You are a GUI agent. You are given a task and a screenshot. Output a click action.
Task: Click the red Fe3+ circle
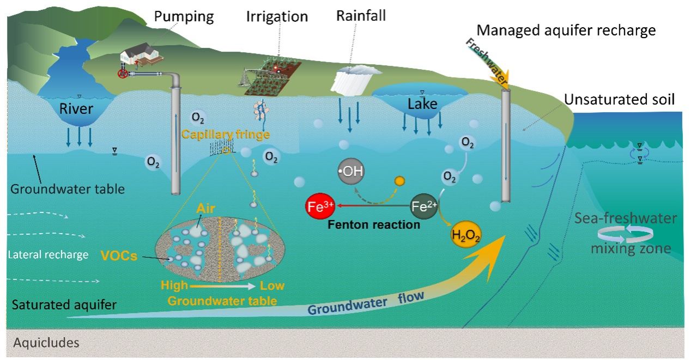320,208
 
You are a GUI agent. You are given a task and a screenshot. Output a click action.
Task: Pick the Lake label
422,103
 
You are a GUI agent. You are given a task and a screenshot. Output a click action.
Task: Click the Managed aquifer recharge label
566,30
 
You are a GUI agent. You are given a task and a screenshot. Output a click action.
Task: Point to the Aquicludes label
46,343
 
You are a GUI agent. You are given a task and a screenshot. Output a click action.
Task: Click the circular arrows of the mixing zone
622,234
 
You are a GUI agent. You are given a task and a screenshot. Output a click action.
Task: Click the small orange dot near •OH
400,181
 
